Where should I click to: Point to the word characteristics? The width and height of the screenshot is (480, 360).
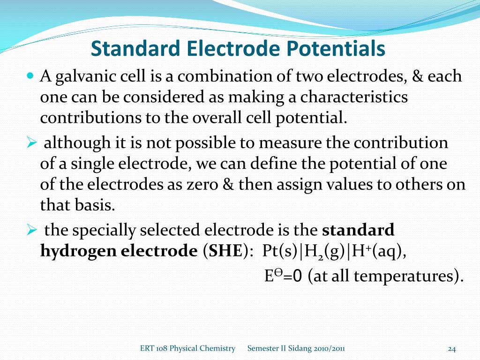pyautogui.click(x=354, y=97)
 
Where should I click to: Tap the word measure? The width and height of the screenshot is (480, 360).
pyautogui.click(x=291, y=142)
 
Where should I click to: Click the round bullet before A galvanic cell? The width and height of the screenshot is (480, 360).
pyautogui.click(x=31, y=75)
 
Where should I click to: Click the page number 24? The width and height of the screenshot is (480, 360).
pyautogui.click(x=452, y=348)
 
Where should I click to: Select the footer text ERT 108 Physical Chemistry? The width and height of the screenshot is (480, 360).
pyautogui.click(x=187, y=348)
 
